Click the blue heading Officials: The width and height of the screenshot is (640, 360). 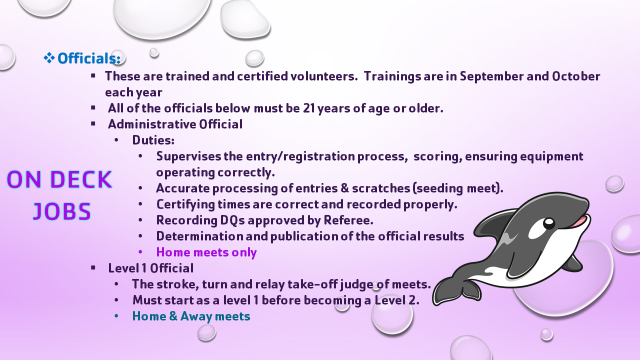89,58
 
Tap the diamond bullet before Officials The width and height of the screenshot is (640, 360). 49,58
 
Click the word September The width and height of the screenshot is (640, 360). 491,76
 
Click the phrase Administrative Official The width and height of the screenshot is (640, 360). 175,124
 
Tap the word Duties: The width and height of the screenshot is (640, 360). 153,140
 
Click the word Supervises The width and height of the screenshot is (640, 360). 188,156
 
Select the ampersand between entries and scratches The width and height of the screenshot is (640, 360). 344,188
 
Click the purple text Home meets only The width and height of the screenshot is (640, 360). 206,252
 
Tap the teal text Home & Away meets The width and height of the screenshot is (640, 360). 191,316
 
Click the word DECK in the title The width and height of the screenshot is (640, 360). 81,179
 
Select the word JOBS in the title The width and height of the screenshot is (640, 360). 61,211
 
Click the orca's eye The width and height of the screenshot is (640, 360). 549,223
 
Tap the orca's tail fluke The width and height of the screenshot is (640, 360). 456,291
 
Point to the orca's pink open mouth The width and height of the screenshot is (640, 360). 578,221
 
